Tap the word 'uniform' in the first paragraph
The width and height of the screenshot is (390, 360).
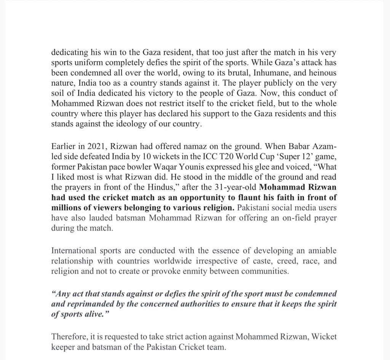pos(87,63)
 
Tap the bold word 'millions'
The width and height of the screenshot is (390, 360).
pos(66,208)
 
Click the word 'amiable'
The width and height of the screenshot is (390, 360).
pos(322,251)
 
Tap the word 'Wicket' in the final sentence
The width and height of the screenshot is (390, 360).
pos(324,337)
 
